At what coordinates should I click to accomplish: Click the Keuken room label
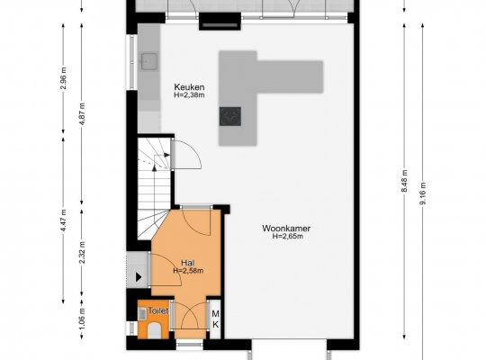click(x=189, y=86)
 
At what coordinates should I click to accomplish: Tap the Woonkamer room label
click(x=286, y=229)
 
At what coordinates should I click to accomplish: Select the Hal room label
click(x=188, y=263)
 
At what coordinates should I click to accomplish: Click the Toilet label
click(x=158, y=310)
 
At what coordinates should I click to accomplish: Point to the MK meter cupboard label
click(x=215, y=319)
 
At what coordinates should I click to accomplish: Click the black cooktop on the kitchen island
click(x=230, y=116)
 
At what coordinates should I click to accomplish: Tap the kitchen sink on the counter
click(x=149, y=61)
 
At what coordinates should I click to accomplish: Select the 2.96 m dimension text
click(x=64, y=77)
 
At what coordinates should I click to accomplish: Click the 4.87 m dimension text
click(x=82, y=114)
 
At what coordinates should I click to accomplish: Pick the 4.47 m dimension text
click(x=64, y=220)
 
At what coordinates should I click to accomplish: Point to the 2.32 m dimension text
click(x=82, y=252)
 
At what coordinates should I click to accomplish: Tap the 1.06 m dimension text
click(x=82, y=319)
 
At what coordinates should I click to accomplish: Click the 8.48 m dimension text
click(x=404, y=181)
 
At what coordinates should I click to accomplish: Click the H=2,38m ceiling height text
click(x=189, y=94)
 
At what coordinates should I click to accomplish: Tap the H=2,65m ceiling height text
click(x=288, y=237)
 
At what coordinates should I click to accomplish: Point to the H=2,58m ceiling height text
click(x=188, y=271)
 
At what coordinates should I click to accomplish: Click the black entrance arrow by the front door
click(x=139, y=277)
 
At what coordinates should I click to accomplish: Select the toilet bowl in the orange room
click(x=154, y=330)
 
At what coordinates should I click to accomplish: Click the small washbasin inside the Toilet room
click(x=142, y=313)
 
